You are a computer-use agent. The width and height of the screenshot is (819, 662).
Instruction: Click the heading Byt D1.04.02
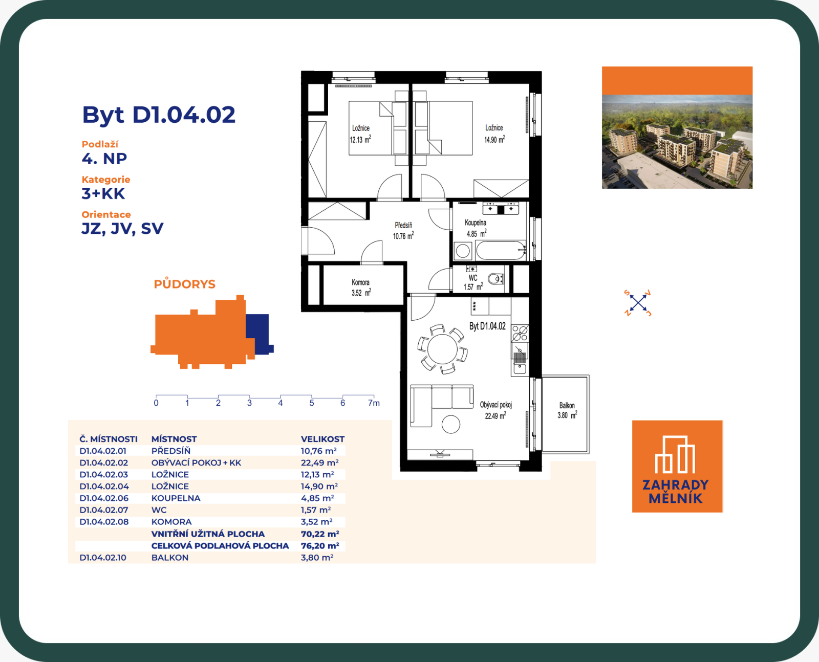[x=158, y=115]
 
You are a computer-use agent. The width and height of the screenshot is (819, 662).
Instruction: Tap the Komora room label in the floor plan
[x=360, y=282]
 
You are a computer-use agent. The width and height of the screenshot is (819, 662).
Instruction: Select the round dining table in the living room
[x=443, y=349]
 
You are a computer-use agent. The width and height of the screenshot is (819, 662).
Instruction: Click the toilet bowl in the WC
[x=495, y=278]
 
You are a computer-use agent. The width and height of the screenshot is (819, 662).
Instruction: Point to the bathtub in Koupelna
[x=501, y=251]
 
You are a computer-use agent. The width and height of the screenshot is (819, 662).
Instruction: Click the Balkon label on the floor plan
[x=567, y=405]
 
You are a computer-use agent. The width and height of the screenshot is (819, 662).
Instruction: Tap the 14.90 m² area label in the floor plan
[x=494, y=140]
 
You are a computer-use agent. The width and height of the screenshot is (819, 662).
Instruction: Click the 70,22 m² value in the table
[x=320, y=534]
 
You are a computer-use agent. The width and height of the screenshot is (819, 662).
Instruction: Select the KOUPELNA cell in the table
[x=176, y=498]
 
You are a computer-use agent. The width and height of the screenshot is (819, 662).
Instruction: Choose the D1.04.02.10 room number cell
[x=103, y=558]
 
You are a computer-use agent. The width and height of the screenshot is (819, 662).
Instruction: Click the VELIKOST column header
[x=322, y=439]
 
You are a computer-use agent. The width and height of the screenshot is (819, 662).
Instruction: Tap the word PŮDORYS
[x=185, y=284]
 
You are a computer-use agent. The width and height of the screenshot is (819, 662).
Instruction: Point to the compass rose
[x=637, y=303]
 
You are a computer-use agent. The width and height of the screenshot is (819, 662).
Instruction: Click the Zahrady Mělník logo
[x=677, y=466]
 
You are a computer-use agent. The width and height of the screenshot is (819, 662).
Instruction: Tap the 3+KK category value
[x=103, y=194]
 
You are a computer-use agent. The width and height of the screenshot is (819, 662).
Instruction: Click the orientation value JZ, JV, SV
[x=122, y=229]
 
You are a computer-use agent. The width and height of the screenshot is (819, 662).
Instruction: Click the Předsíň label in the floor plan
[x=403, y=225]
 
